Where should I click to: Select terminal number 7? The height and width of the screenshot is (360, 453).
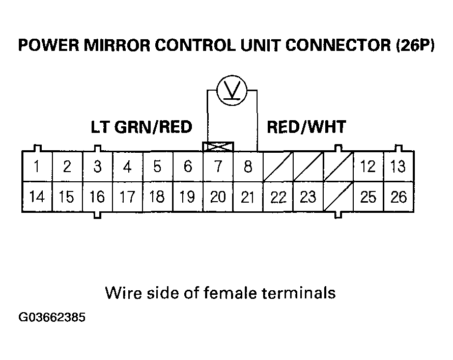pyautogui.click(x=218, y=167)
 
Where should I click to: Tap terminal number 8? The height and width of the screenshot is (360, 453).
pyautogui.click(x=248, y=167)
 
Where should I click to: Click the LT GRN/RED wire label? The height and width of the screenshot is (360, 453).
pyautogui.click(x=141, y=127)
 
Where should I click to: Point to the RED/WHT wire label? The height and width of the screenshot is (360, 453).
pyautogui.click(x=306, y=127)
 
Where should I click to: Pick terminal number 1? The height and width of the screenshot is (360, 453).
pyautogui.click(x=36, y=167)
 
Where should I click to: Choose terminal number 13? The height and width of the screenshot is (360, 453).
pyautogui.click(x=398, y=167)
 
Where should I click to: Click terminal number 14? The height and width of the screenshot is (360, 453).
pyautogui.click(x=36, y=197)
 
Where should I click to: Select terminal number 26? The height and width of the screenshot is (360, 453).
pyautogui.click(x=398, y=197)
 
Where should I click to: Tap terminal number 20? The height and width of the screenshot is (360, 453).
pyautogui.click(x=218, y=197)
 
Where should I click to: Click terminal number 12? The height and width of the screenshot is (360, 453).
pyautogui.click(x=368, y=167)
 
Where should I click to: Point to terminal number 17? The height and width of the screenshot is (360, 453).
pyautogui.click(x=127, y=197)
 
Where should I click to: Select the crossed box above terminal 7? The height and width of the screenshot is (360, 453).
pyautogui.click(x=218, y=147)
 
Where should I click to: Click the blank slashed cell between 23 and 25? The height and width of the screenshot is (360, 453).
pyautogui.click(x=338, y=197)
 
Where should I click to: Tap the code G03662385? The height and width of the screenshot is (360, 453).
pyautogui.click(x=52, y=318)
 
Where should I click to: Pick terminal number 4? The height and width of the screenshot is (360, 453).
pyautogui.click(x=127, y=167)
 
